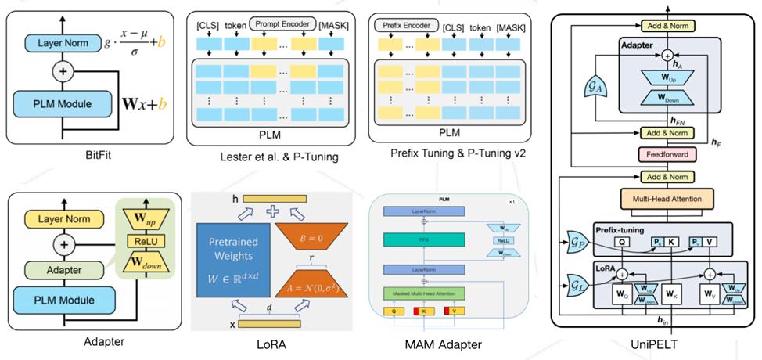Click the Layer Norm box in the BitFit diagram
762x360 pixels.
coord(60,45)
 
